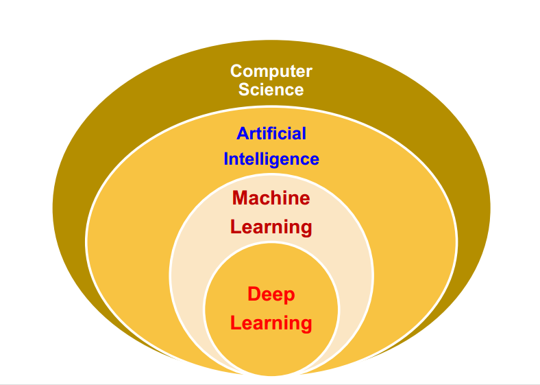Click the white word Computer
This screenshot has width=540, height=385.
point(271,71)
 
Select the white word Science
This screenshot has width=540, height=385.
point(271,89)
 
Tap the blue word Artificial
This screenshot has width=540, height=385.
point(271,133)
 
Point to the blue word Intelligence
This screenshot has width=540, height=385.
point(271,159)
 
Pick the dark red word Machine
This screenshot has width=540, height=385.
point(271,198)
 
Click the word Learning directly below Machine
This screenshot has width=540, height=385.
point(271,226)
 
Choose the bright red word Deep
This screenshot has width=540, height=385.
point(271,294)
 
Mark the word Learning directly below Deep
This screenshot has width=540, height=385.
point(271,323)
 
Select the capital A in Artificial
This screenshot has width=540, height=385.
point(243,133)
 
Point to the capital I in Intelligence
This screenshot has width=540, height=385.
point(226,159)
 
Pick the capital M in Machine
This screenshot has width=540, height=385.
point(241,198)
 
